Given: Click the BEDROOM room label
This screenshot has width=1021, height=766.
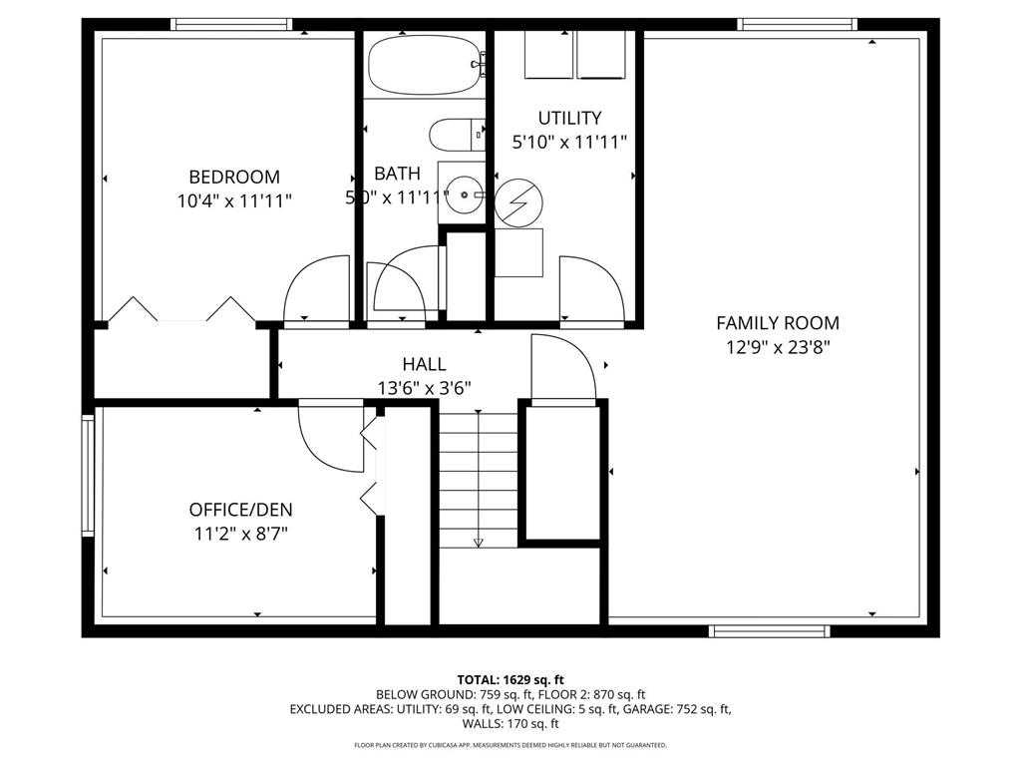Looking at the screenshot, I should pyautogui.click(x=233, y=177).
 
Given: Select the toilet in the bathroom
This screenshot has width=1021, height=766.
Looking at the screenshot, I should pyautogui.click(x=455, y=134).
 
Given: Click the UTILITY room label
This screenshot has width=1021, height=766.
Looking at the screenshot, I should pyautogui.click(x=569, y=119).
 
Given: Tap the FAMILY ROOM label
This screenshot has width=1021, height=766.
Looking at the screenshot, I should pyautogui.click(x=778, y=323).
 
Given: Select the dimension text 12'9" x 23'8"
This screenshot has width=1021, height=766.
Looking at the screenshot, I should pyautogui.click(x=778, y=348).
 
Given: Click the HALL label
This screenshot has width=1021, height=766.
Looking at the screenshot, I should pyautogui.click(x=424, y=364).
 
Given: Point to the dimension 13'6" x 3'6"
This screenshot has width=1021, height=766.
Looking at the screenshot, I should pyautogui.click(x=424, y=388).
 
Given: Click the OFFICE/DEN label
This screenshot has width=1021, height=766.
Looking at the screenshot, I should pyautogui.click(x=241, y=510).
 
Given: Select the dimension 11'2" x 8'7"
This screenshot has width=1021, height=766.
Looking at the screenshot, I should pyautogui.click(x=241, y=534).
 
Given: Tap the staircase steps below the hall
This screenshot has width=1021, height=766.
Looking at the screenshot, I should pyautogui.click(x=479, y=479).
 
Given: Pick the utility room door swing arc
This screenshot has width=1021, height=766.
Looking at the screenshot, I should pyautogui.click(x=591, y=288).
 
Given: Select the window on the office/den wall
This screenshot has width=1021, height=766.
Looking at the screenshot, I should pyautogui.click(x=88, y=476).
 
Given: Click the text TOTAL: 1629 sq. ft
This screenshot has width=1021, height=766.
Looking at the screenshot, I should pyautogui.click(x=510, y=679).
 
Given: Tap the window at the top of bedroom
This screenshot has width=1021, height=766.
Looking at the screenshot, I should pyautogui.click(x=231, y=24).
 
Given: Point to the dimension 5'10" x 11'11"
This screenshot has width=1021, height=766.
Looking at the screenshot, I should pyautogui.click(x=569, y=143).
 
